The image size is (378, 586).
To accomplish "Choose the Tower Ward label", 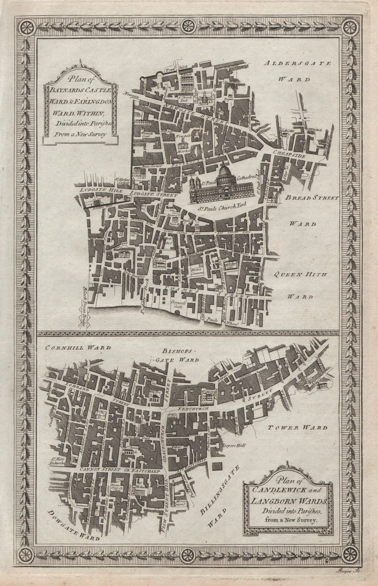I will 296,427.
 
